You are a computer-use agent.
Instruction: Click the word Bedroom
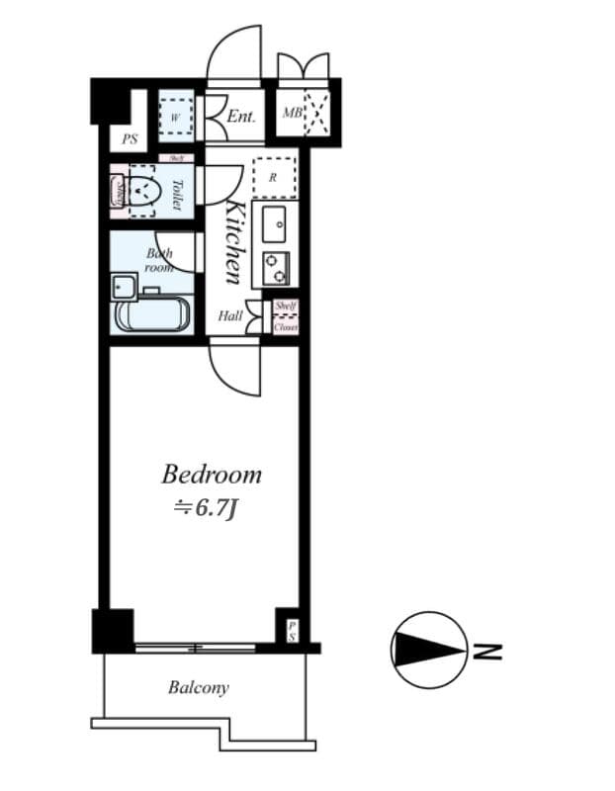(212, 475)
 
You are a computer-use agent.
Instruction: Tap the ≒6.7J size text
(205, 508)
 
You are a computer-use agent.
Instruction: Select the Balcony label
(198, 687)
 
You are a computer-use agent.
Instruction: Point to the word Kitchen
(234, 241)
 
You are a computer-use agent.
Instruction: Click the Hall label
(230, 316)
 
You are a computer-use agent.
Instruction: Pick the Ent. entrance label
(241, 117)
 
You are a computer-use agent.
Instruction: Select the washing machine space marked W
(175, 117)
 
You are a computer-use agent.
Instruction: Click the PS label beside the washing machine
(130, 140)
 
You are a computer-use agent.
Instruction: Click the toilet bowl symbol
(146, 189)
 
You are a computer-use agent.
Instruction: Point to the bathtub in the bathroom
(154, 315)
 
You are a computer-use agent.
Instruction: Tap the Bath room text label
(159, 260)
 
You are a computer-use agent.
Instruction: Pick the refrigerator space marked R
(273, 178)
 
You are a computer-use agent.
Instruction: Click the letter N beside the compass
(486, 652)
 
